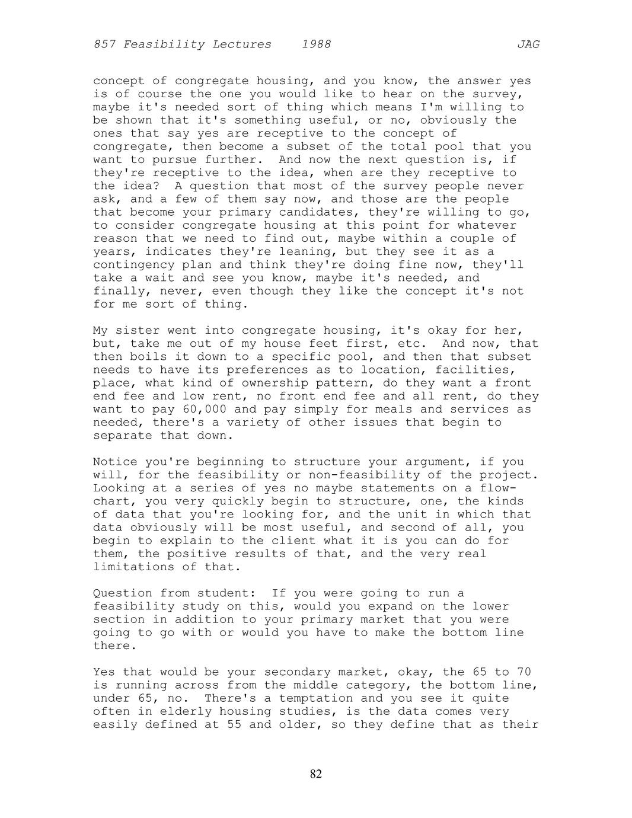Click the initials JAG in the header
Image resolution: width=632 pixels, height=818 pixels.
point(528,44)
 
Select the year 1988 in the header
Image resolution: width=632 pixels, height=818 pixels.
point(316,44)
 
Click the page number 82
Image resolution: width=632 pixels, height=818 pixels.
point(316,774)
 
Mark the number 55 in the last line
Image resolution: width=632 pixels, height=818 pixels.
point(234,724)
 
